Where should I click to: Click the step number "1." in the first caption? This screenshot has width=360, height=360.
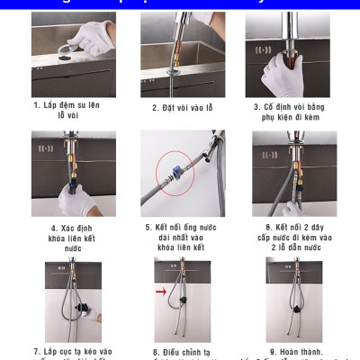pyautogui.click(x=38, y=105)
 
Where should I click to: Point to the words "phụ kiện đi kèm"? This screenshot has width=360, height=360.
pyautogui.click(x=288, y=117)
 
